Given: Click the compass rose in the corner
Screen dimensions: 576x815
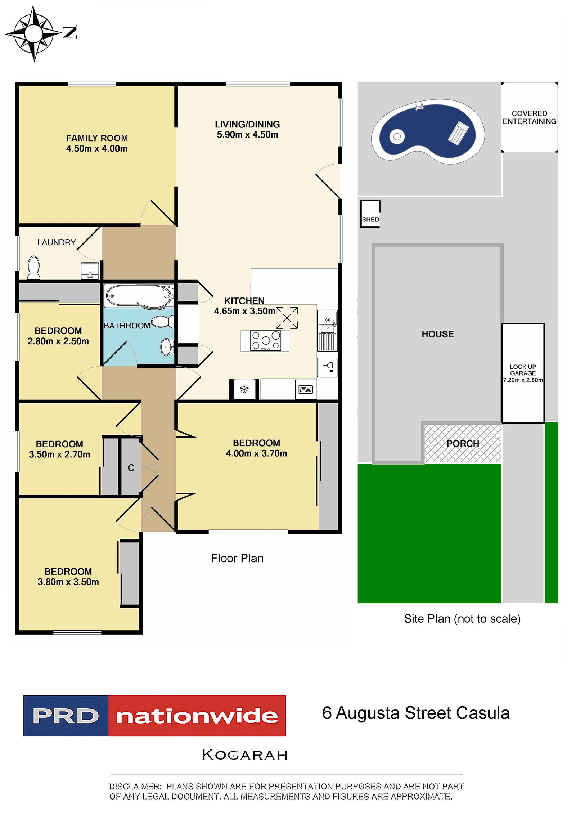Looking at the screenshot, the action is coord(34,33).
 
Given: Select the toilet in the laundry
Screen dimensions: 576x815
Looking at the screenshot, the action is coord(34,267).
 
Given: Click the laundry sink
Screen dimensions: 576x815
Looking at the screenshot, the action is coord(90,271).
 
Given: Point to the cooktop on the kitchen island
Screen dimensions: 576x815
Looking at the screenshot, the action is coord(266,340).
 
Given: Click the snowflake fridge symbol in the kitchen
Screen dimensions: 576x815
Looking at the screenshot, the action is coord(244,389).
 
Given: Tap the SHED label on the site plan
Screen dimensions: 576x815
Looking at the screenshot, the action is coord(370,219).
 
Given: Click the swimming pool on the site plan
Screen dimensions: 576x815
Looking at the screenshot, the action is coord(428,131).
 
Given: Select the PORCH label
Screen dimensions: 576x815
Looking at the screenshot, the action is coord(463,444).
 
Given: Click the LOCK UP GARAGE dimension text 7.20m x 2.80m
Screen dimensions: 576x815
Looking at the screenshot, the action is coord(523,380).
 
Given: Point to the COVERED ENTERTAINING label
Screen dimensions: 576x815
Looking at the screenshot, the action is coord(529,117).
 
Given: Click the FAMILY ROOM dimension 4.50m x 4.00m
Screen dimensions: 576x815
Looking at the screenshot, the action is coord(97,148).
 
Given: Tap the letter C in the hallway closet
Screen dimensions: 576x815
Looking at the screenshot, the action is coord(131,468).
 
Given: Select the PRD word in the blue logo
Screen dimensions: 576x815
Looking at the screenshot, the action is coord(66,716).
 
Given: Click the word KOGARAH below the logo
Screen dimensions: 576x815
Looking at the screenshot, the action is coord(245,754).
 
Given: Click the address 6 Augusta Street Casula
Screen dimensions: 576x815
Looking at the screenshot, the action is coord(416,713).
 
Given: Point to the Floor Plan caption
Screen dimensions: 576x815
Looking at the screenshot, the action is coord(237,558).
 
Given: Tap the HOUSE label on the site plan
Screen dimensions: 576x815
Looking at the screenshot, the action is coord(437,334).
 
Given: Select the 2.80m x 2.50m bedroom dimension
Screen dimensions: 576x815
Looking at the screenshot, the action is coord(58,341).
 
